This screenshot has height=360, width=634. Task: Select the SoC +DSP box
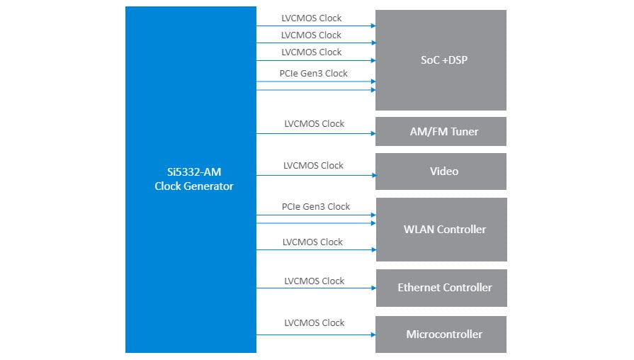tap(440, 60)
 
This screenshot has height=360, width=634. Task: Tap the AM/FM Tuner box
tap(440, 131)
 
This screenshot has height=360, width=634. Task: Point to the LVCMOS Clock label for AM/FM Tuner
tap(313, 123)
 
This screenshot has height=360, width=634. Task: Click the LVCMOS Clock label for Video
tap(313, 165)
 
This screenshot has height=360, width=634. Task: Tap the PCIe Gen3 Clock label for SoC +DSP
tap(313, 73)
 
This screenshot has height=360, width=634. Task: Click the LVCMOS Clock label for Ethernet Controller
tap(313, 281)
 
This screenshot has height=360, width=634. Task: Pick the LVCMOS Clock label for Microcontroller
tap(313, 322)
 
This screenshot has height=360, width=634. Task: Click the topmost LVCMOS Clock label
tap(311, 18)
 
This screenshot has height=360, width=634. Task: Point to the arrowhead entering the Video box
tap(373, 175)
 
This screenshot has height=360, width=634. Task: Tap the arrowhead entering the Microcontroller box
tap(373, 334)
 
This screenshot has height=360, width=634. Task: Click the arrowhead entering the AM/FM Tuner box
tap(373, 133)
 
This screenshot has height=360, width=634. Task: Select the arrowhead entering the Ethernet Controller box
tap(373, 288)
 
